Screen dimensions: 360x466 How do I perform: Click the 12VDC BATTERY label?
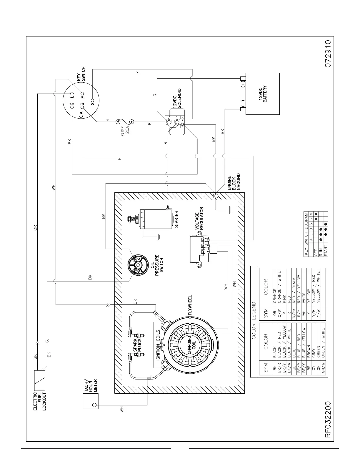point(263,94)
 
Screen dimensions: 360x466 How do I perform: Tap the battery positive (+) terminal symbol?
point(243,84)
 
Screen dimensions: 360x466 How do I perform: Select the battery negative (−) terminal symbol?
point(243,104)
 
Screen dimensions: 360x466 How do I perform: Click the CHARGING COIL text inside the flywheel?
point(191,344)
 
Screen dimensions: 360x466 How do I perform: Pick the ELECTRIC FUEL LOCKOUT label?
point(39,402)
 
